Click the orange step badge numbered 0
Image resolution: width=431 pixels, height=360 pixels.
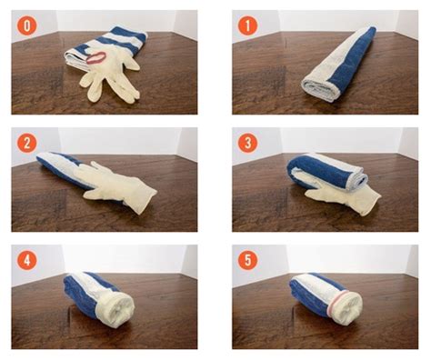[27, 25]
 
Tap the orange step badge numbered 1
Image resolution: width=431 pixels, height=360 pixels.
[247, 25]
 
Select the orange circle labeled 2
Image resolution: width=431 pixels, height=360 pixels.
[27, 143]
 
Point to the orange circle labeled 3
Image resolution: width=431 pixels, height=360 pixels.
[247, 143]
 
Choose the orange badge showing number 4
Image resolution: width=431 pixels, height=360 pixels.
[27, 260]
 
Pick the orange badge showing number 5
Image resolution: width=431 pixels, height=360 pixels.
[247, 260]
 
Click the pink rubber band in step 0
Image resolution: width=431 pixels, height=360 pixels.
[95, 58]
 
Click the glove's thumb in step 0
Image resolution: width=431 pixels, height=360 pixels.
[133, 65]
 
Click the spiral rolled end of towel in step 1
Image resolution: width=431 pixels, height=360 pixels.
[320, 89]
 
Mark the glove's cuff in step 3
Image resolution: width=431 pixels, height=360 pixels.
[370, 202]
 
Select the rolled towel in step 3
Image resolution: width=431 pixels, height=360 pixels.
[327, 173]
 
